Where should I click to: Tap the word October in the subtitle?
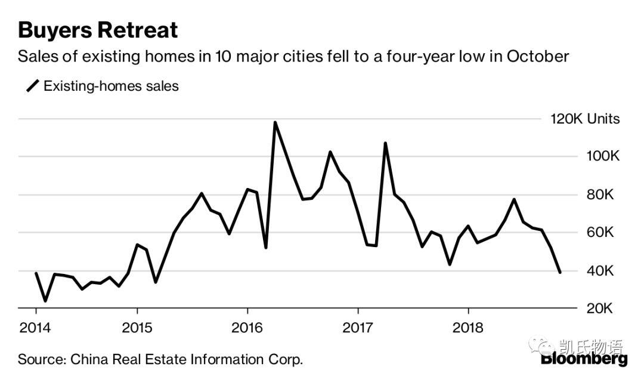(538, 56)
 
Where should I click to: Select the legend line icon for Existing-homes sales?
(32, 86)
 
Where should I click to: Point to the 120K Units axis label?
(585, 119)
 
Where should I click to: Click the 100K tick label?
(602, 156)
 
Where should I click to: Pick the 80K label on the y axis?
(600, 195)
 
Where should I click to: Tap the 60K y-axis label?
(600, 232)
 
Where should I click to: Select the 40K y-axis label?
(600, 271)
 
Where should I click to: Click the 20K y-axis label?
(600, 308)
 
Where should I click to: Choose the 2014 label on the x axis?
(35, 328)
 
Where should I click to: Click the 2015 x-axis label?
(137, 328)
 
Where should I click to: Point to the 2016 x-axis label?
(247, 328)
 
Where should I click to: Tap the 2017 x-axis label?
(358, 328)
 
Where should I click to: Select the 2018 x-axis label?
(468, 328)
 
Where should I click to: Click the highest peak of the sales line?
(275, 122)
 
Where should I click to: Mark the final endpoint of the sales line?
(560, 272)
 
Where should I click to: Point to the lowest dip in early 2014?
(45, 301)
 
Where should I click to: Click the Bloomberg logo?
(584, 359)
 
